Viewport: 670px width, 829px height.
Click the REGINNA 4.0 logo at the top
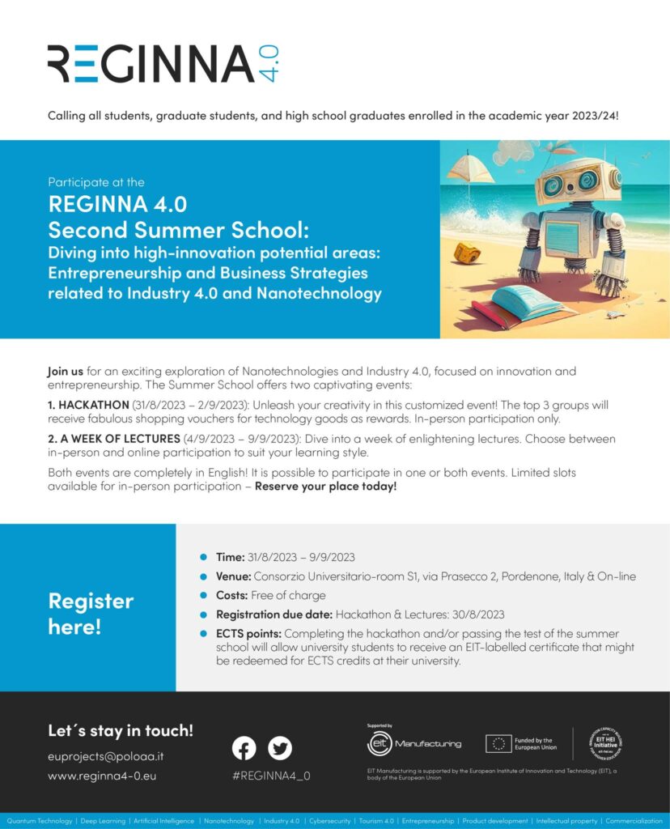click(x=163, y=63)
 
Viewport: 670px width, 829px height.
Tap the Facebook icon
click(x=244, y=747)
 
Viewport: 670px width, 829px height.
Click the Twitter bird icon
click(x=280, y=747)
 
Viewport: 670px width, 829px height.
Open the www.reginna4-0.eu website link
click(x=102, y=776)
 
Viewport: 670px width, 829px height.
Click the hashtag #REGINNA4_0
click(x=271, y=776)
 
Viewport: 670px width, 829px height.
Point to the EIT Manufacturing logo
click(x=414, y=743)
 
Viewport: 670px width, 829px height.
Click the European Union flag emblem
click(x=498, y=743)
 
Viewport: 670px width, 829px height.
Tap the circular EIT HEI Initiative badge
click(x=605, y=743)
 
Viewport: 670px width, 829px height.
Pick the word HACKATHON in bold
click(x=93, y=404)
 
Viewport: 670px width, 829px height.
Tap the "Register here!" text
click(x=91, y=613)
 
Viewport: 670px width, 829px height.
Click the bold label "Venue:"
click(x=234, y=576)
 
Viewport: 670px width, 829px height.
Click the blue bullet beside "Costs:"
click(x=204, y=595)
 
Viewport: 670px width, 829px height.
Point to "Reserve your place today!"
click(x=325, y=487)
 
